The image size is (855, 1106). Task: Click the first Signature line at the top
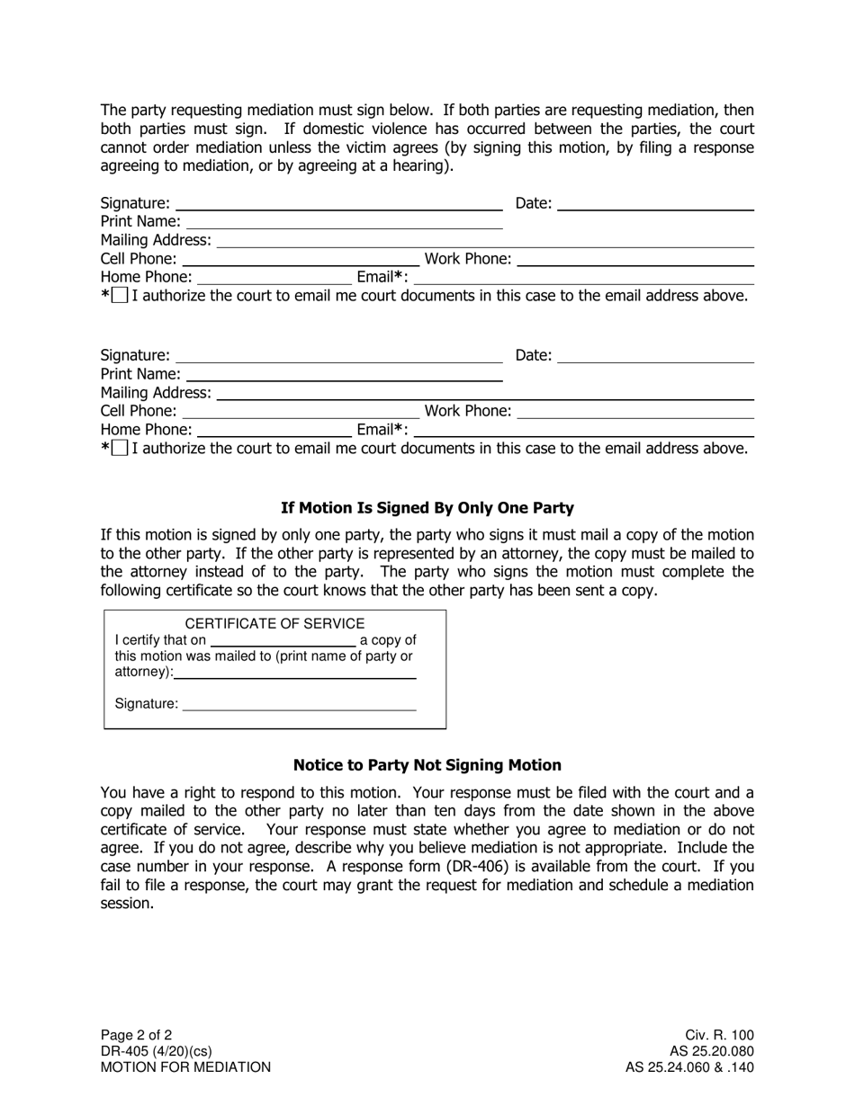pyautogui.click(x=338, y=203)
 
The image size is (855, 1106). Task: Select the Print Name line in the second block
pyautogui.click(x=343, y=374)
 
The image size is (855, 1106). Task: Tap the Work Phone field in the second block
pyautogui.click(x=635, y=412)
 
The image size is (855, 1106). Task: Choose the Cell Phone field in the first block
pyautogui.click(x=300, y=259)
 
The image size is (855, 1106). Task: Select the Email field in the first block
pyautogui.click(x=582, y=277)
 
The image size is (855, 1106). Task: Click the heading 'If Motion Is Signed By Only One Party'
pyautogui.click(x=427, y=508)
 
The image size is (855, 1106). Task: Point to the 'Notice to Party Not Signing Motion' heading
pyautogui.click(x=427, y=765)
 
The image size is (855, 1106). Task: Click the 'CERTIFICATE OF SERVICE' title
pyautogui.click(x=274, y=623)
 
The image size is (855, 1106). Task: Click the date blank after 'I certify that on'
pyautogui.click(x=283, y=640)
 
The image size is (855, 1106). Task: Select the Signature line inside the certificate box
pyautogui.click(x=299, y=704)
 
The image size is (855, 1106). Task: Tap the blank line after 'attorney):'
pyautogui.click(x=295, y=673)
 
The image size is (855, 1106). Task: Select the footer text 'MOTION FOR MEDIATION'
pyautogui.click(x=185, y=1067)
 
